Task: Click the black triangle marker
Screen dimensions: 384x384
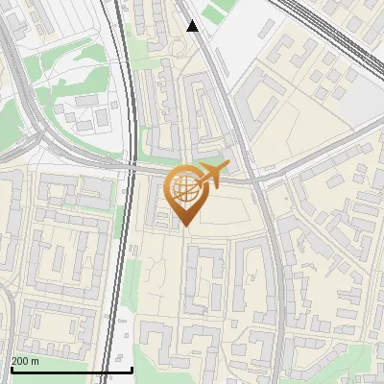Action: pyautogui.click(x=193, y=26)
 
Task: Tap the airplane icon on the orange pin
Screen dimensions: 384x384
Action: pyautogui.click(x=212, y=175)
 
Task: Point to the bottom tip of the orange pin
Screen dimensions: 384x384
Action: pyautogui.click(x=184, y=227)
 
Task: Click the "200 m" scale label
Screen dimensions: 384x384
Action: pyautogui.click(x=26, y=361)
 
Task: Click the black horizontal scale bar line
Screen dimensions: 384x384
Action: pyautogui.click(x=71, y=370)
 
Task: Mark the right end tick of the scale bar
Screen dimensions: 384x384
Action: pyautogui.click(x=132, y=368)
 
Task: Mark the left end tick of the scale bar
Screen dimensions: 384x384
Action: pyautogui.click(x=11, y=368)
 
